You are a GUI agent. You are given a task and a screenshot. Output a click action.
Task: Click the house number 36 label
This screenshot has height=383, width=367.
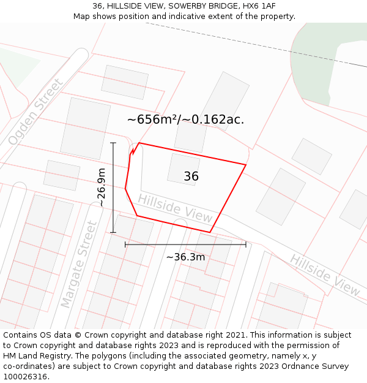(191, 176)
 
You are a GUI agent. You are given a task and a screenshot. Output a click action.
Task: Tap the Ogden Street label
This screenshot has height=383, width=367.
(35, 112)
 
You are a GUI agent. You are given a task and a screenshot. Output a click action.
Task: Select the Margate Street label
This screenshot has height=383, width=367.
(79, 264)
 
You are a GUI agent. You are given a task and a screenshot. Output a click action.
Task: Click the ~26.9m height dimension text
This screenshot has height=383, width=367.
(102, 188)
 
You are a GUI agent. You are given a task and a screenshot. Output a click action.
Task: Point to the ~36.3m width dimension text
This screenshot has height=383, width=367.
(185, 257)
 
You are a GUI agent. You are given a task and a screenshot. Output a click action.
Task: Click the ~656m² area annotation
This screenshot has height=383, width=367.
(185, 119)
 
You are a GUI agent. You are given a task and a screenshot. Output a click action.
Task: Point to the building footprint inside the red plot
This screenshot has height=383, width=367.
(183, 169)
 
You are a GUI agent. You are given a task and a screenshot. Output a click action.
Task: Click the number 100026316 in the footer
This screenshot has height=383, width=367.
(25, 376)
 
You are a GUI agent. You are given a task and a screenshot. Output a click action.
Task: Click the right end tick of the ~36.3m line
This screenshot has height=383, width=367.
(246, 244)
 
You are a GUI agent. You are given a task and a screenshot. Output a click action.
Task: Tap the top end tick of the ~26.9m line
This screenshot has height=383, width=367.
(113, 143)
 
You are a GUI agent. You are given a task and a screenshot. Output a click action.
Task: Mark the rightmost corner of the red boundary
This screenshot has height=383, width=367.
(246, 164)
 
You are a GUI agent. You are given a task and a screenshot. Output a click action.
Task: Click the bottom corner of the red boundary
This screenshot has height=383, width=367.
(210, 232)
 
